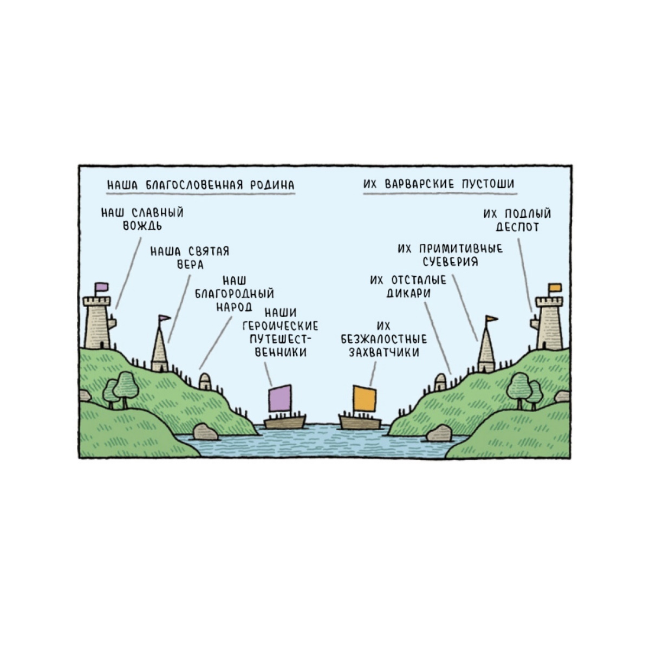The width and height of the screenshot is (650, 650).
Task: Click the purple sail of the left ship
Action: point(279,398)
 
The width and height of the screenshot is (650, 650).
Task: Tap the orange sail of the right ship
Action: point(365,398)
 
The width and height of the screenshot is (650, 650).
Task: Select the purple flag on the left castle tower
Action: point(101,287)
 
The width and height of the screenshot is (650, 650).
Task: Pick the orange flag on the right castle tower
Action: point(555,288)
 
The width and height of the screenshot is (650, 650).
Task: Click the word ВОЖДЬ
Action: point(142,226)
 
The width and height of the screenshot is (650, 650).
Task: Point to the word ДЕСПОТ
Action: point(517,226)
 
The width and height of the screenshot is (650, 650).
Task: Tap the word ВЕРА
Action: point(190,264)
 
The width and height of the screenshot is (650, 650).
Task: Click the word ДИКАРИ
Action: point(408,293)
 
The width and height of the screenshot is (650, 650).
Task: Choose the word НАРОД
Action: point(234,307)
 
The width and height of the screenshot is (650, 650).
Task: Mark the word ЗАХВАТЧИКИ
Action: point(384,352)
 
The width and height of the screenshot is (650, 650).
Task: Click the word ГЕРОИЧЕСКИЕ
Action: point(280,326)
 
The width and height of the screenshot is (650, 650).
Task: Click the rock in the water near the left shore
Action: point(205,432)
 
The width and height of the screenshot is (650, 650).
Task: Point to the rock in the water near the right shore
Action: point(439,433)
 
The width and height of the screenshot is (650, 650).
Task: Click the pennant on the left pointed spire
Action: point(165,318)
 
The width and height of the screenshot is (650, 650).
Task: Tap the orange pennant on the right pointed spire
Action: point(492,318)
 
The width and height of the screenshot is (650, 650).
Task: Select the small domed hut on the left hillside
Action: point(205,381)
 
